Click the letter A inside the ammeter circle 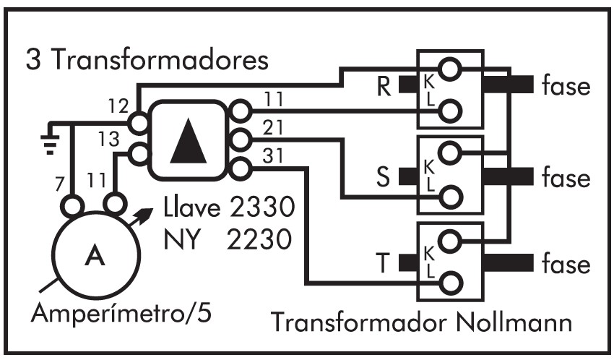[92, 256]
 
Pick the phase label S [383, 178]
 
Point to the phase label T [383, 262]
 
